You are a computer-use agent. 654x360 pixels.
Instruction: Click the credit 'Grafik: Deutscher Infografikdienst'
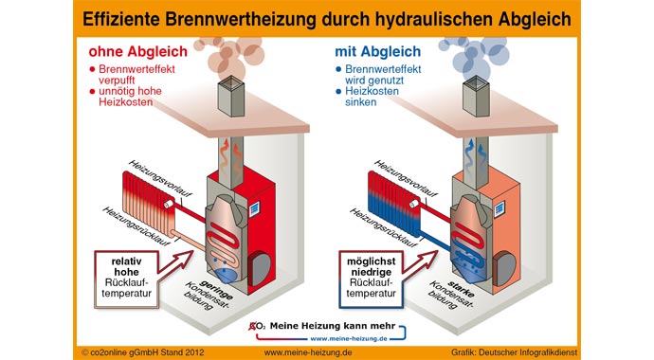[559, 350]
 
